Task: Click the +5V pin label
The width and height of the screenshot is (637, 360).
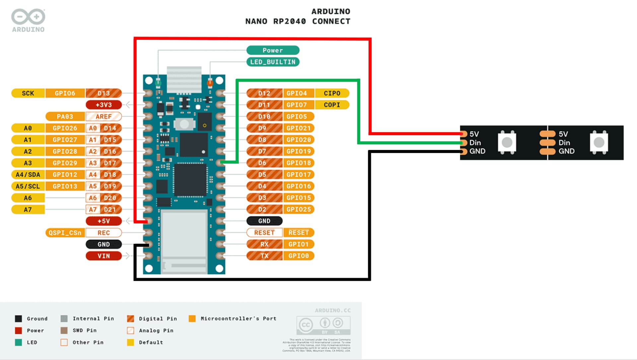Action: (x=104, y=221)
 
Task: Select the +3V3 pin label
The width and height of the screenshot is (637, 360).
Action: (x=104, y=105)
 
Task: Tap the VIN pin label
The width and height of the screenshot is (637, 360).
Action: (x=104, y=256)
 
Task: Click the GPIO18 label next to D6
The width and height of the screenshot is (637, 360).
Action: (x=299, y=163)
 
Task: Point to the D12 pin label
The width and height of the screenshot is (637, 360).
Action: (x=264, y=93)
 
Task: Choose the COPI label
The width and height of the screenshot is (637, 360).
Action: (x=332, y=105)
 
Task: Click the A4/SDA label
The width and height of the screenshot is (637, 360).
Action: (x=28, y=175)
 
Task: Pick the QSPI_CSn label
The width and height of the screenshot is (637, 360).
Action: (x=65, y=233)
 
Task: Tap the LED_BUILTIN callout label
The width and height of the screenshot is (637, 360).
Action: (x=273, y=62)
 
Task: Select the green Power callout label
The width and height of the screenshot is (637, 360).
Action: (x=273, y=50)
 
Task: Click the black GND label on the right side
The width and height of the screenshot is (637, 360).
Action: (x=264, y=221)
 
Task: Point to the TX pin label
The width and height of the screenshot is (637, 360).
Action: (x=264, y=256)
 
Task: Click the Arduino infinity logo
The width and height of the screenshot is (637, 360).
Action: (x=28, y=17)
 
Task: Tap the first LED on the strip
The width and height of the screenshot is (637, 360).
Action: (x=507, y=143)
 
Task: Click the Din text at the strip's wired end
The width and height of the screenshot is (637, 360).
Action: (x=475, y=143)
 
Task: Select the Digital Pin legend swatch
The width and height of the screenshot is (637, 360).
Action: (x=131, y=319)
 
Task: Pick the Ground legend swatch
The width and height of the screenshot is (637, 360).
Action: (x=19, y=319)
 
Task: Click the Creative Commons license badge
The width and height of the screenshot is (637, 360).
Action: (x=323, y=325)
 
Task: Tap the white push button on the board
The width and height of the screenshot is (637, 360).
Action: (x=184, y=124)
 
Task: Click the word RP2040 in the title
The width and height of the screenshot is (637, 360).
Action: (x=289, y=21)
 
